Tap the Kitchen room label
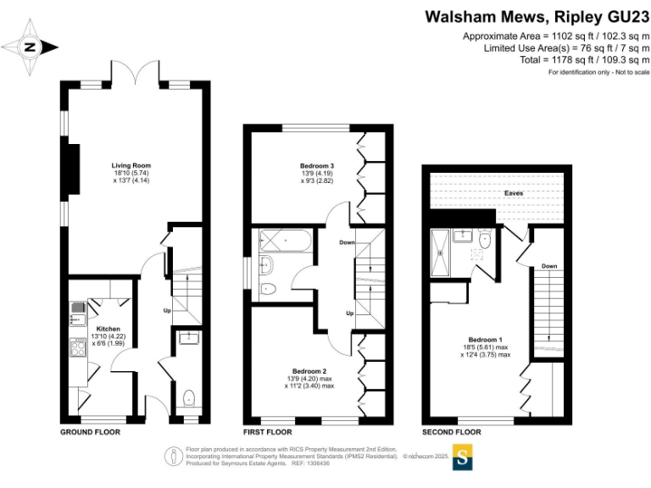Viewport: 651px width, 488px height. [x=108, y=328]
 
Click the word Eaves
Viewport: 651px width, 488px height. [x=514, y=193]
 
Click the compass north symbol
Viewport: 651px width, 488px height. [x=31, y=47]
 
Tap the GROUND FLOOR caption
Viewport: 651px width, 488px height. [x=90, y=432]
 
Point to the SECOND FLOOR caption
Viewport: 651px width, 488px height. [x=452, y=432]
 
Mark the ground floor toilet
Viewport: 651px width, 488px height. [x=189, y=397]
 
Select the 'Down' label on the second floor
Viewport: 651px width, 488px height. [x=549, y=266]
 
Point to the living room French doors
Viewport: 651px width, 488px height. [x=136, y=71]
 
